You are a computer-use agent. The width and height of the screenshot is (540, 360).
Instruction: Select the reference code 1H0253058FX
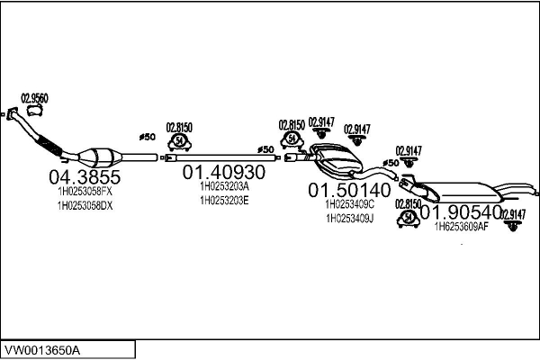[80, 191]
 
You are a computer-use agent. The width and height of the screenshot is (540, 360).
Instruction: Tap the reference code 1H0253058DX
[80, 205]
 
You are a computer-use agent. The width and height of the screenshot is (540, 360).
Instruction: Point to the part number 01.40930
[224, 171]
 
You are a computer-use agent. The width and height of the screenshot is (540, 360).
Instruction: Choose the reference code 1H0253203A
[224, 186]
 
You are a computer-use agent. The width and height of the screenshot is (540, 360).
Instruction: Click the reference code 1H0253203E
[224, 200]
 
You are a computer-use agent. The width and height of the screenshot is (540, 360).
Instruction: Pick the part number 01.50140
[350, 191]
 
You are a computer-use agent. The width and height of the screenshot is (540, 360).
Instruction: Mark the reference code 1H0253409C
[351, 204]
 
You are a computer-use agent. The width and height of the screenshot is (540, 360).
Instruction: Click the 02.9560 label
[34, 97]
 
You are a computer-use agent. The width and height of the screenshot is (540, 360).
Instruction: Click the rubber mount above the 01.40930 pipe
[178, 141]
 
